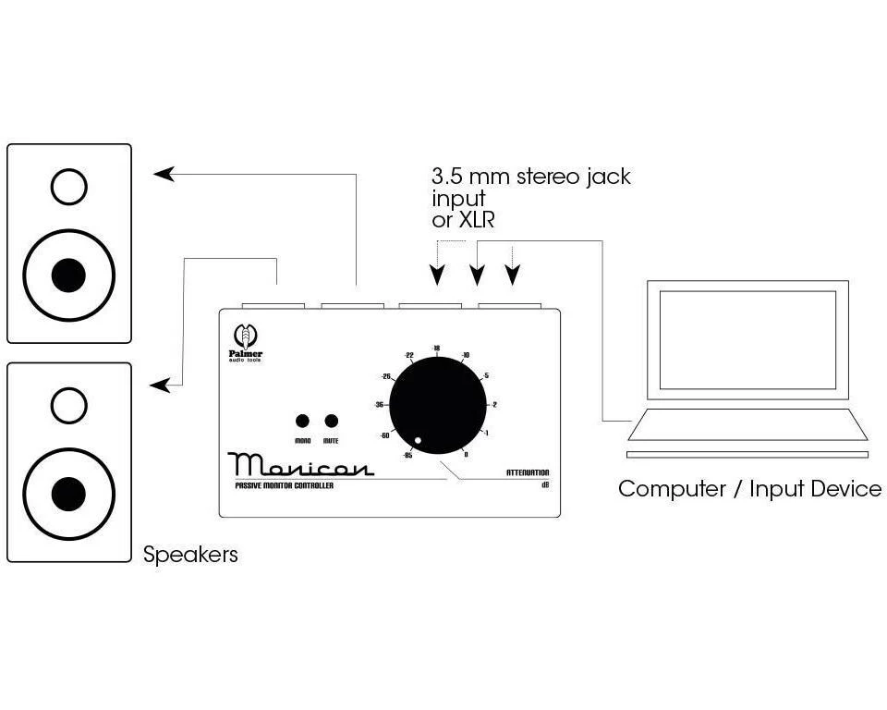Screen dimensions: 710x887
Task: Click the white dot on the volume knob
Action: coord(419,440)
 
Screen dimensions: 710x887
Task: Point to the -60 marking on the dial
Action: coord(383,434)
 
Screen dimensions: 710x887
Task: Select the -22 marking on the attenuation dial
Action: coord(407,355)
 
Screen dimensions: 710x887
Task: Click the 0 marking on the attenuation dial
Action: coord(466,454)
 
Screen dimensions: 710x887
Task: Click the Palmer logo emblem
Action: coord(246,333)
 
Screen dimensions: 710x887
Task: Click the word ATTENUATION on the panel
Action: coord(528,473)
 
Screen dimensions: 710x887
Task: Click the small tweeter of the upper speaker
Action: coord(69,188)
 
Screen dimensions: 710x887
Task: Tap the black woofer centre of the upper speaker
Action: coord(69,275)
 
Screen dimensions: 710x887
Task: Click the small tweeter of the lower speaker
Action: coord(69,405)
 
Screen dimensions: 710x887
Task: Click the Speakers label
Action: coord(190,555)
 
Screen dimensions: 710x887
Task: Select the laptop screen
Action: coord(747,339)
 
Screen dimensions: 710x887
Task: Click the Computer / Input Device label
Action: coord(749,489)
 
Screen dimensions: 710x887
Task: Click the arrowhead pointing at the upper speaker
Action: coord(164,173)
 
